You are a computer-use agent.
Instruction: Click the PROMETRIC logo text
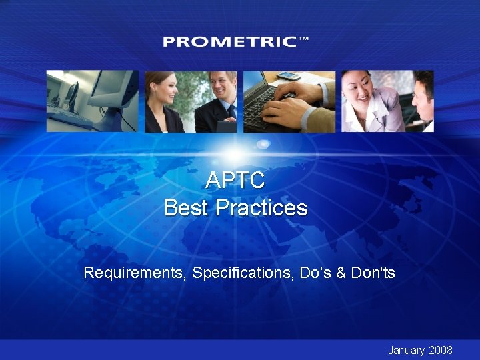[x=229, y=41]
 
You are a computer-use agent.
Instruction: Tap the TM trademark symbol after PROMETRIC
[x=304, y=39]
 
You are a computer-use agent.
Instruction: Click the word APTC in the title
[x=235, y=180]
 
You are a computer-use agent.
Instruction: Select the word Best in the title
[x=186, y=208]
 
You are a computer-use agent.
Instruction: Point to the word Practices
[x=262, y=208]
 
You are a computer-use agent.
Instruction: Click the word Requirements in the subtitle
[x=135, y=273]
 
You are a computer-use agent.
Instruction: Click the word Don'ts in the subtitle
[x=374, y=273]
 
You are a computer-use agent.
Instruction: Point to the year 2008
[x=441, y=350]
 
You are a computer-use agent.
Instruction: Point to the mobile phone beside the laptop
[x=289, y=76]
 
